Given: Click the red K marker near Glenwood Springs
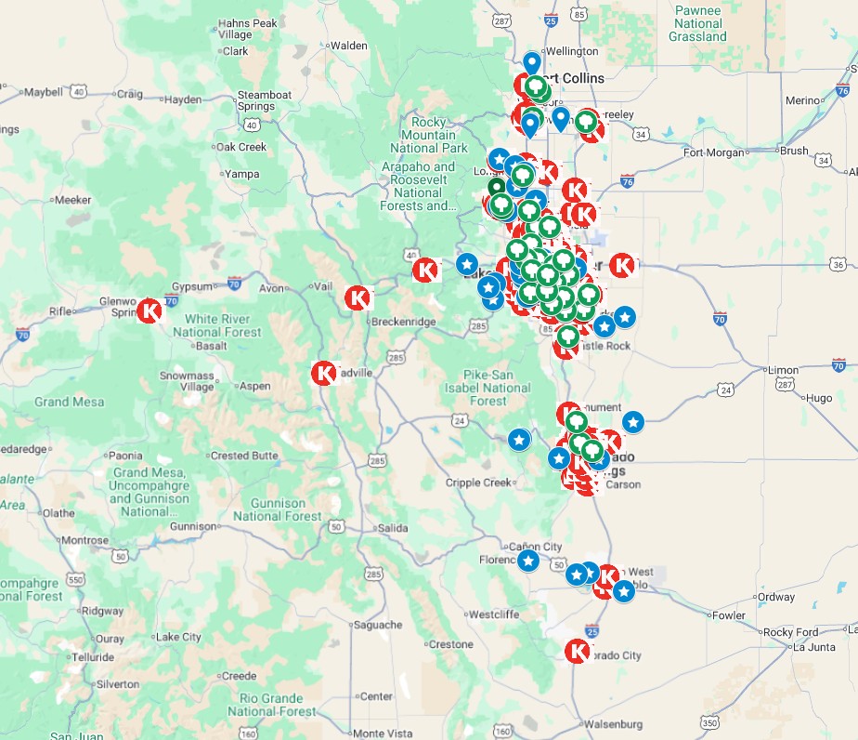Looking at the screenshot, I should (x=149, y=311).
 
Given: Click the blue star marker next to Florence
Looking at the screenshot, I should (x=527, y=561).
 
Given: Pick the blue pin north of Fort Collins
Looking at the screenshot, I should (x=531, y=63).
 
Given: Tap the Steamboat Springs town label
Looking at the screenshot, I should (x=264, y=100).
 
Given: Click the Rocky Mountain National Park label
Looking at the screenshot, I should (x=428, y=135).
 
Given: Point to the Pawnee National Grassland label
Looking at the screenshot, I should (x=697, y=24).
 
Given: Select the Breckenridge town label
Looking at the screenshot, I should (x=403, y=322).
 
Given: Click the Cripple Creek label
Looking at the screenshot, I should (x=478, y=482).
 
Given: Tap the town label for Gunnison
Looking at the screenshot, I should (x=192, y=527).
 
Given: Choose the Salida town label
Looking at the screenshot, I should (x=392, y=528).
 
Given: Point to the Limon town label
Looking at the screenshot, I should (x=785, y=369).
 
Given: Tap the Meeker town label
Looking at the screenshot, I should (x=72, y=200).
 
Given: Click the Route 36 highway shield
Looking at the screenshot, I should (x=838, y=263).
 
